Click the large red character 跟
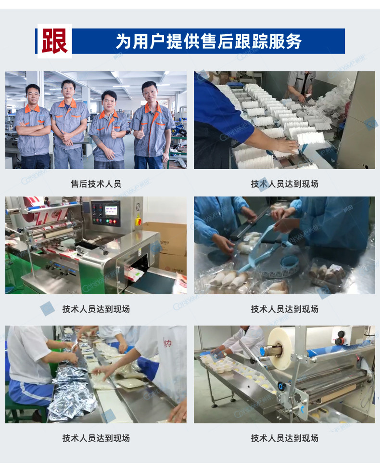pyautogui.click(x=54, y=41)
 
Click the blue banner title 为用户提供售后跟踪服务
pyautogui.click(x=209, y=41)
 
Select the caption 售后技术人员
pyautogui.click(x=96, y=183)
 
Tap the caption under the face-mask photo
pyautogui.click(x=284, y=183)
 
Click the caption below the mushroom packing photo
pyautogui.click(x=284, y=309)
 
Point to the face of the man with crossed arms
pyautogui.click(x=33, y=94)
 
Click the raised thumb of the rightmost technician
pyautogui.click(x=139, y=131)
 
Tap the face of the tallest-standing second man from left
pyautogui.click(x=68, y=89)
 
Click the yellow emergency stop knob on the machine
pyautogui.click(x=139, y=222)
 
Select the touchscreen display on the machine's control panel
pyautogui.click(x=111, y=209)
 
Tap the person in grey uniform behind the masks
pyautogui.click(x=301, y=85)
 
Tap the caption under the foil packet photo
pyautogui.click(x=96, y=438)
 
